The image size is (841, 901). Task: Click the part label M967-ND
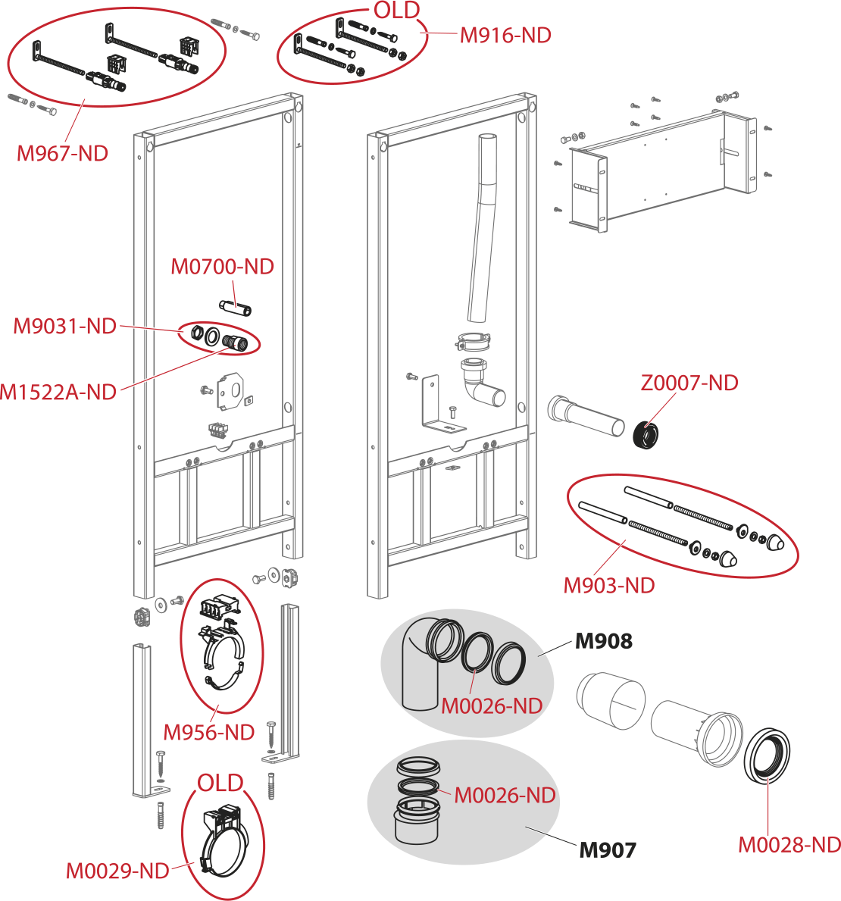click(62, 153)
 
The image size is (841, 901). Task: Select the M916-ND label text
click(505, 35)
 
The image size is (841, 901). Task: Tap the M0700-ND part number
click(222, 267)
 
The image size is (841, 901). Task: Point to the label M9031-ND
click(65, 327)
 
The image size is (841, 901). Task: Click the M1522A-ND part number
click(58, 392)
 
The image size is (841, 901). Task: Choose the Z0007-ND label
click(689, 383)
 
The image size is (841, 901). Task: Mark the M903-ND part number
click(609, 585)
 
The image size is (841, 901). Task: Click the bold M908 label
click(603, 641)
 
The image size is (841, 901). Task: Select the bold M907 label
click(608, 850)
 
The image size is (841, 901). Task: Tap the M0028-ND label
click(789, 844)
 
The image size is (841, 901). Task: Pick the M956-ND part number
click(209, 733)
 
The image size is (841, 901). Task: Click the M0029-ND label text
click(117, 871)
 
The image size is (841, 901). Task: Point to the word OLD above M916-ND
click(396, 10)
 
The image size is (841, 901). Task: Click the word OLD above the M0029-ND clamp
click(220, 783)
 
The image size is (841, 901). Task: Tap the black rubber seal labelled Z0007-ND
click(646, 436)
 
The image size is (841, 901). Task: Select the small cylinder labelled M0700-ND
click(236, 308)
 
